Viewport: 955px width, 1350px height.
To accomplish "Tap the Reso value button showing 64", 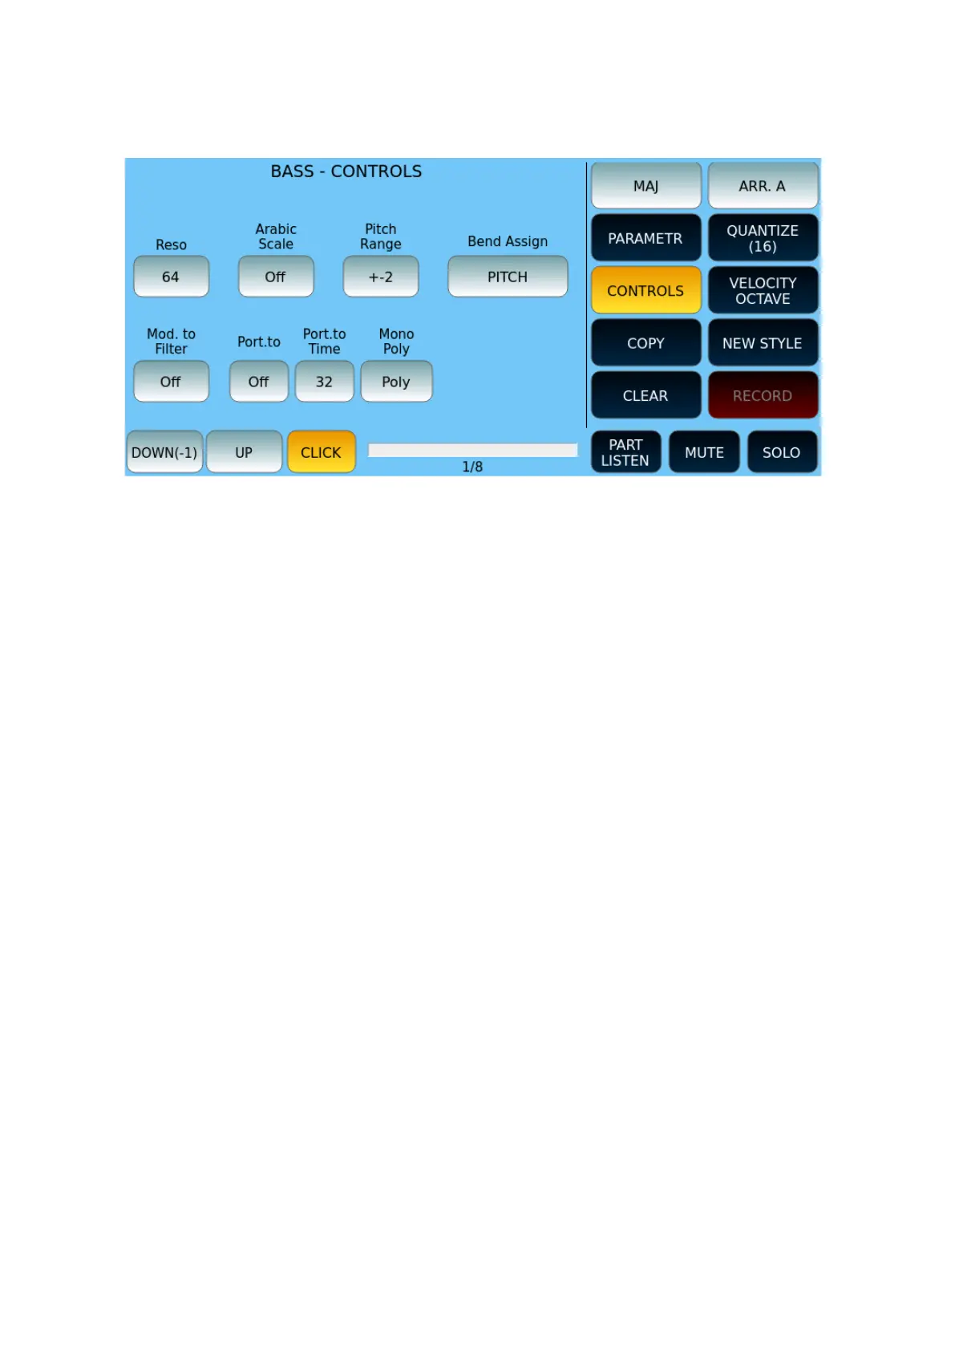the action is pyautogui.click(x=171, y=277).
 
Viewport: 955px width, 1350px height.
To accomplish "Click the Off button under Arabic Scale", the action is pyautogui.click(x=275, y=277).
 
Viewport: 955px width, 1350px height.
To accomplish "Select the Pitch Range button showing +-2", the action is pyautogui.click(x=380, y=277).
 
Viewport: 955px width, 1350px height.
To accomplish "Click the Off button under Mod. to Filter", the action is pyautogui.click(x=171, y=382).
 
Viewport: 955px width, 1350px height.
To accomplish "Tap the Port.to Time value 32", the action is pyautogui.click(x=324, y=382).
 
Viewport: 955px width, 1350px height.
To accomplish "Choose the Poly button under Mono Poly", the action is pyautogui.click(x=396, y=382).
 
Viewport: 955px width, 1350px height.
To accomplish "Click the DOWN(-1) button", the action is pyautogui.click(x=164, y=452).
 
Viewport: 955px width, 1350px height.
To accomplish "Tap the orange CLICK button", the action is pyautogui.click(x=321, y=452).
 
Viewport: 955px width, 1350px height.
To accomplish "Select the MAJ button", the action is pyautogui.click(x=645, y=186).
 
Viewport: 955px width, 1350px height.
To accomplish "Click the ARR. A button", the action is pyautogui.click(x=763, y=186).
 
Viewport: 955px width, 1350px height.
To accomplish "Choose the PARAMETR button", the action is pyautogui.click(x=645, y=238).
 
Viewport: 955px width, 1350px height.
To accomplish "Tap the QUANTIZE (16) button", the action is pyautogui.click(x=763, y=238).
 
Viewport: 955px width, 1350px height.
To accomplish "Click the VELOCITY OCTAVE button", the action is pyautogui.click(x=763, y=290).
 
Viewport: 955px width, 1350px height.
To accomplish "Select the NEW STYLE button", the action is pyautogui.click(x=763, y=343).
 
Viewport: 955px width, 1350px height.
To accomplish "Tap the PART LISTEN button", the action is pyautogui.click(x=625, y=452).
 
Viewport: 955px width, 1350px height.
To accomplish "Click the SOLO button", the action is pyautogui.click(x=782, y=452).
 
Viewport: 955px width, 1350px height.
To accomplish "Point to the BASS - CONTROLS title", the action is pyautogui.click(x=346, y=172).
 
